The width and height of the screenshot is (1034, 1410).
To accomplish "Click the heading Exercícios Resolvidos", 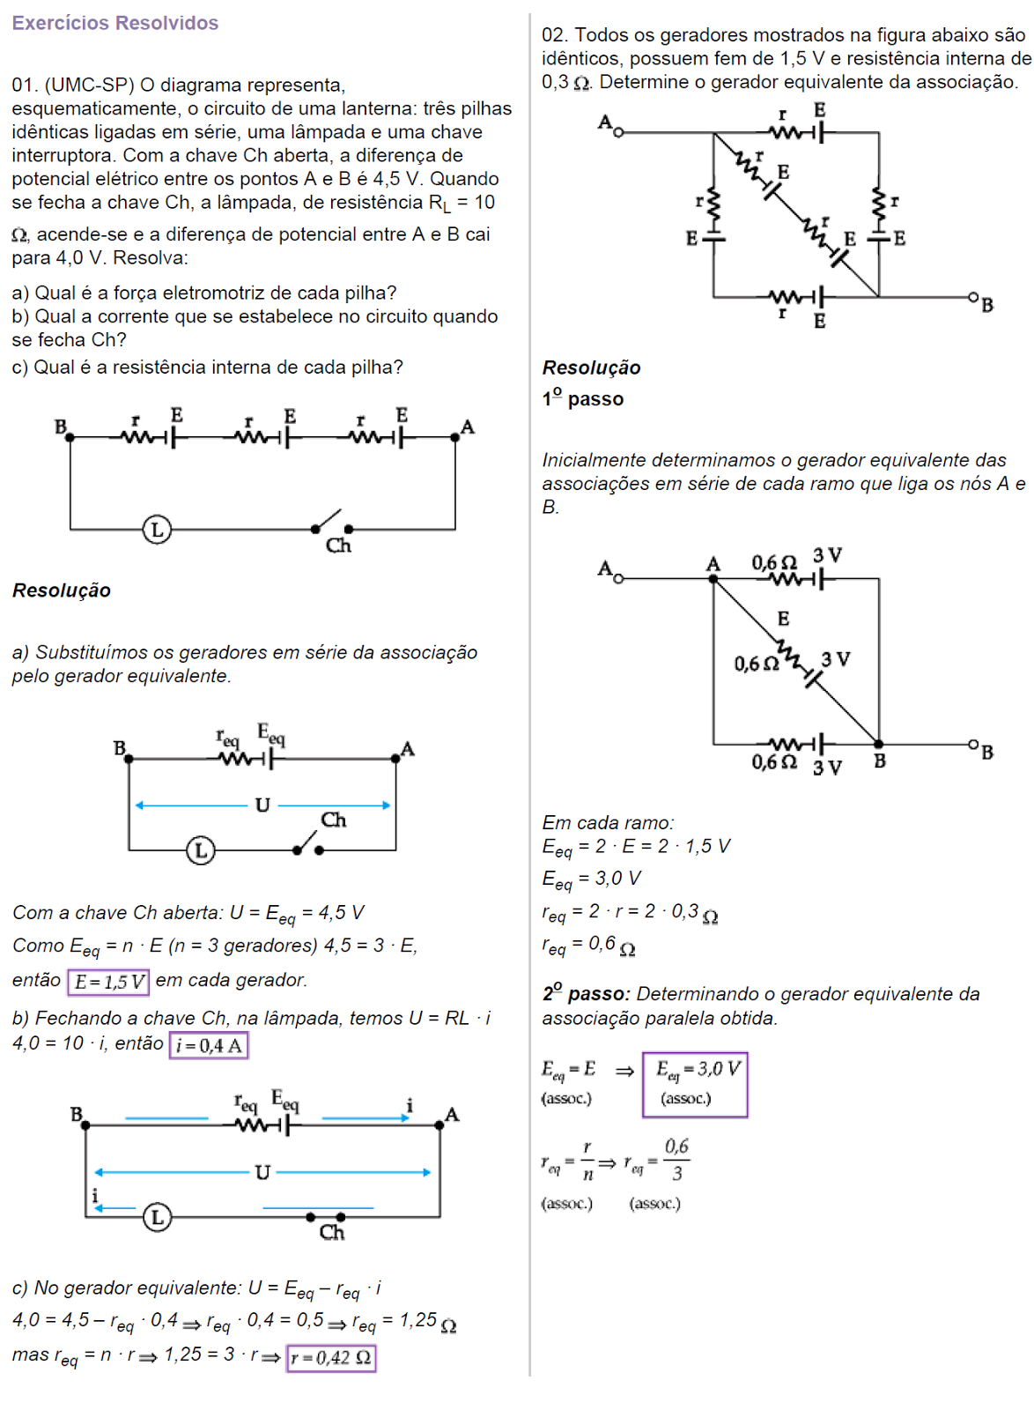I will tap(114, 24).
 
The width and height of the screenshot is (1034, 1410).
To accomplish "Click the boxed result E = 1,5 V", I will tap(109, 982).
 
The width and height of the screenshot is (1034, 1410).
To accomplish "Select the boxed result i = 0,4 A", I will tap(209, 1046).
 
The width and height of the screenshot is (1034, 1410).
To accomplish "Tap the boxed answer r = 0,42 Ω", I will tap(331, 1358).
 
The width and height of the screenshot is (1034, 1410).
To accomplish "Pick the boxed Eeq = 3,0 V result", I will tap(695, 1084).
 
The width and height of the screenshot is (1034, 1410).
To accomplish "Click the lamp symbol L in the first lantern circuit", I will tap(157, 530).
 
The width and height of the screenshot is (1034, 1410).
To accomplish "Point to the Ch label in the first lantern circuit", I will tap(338, 545).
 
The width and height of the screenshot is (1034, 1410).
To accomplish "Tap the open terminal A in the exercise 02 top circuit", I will tap(618, 132).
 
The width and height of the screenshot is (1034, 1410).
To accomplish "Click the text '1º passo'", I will tap(583, 399).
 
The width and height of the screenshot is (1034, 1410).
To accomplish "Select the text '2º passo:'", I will tap(586, 994).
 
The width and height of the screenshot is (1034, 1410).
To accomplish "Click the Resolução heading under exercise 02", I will tap(591, 368).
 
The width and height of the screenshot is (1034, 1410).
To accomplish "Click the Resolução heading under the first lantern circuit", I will tap(62, 590).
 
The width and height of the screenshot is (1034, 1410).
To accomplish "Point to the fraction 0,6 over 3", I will tap(676, 1160).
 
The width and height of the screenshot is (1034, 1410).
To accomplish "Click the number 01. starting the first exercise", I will tap(24, 85).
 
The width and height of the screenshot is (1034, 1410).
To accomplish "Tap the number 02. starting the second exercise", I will tap(554, 35).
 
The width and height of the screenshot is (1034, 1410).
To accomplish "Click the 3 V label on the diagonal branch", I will tap(836, 659).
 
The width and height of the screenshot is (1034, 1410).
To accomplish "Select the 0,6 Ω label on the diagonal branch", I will tap(757, 664).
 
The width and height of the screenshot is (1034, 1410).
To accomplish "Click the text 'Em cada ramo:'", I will tap(608, 823).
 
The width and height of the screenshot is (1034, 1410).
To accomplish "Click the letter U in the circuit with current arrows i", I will tap(262, 1172).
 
